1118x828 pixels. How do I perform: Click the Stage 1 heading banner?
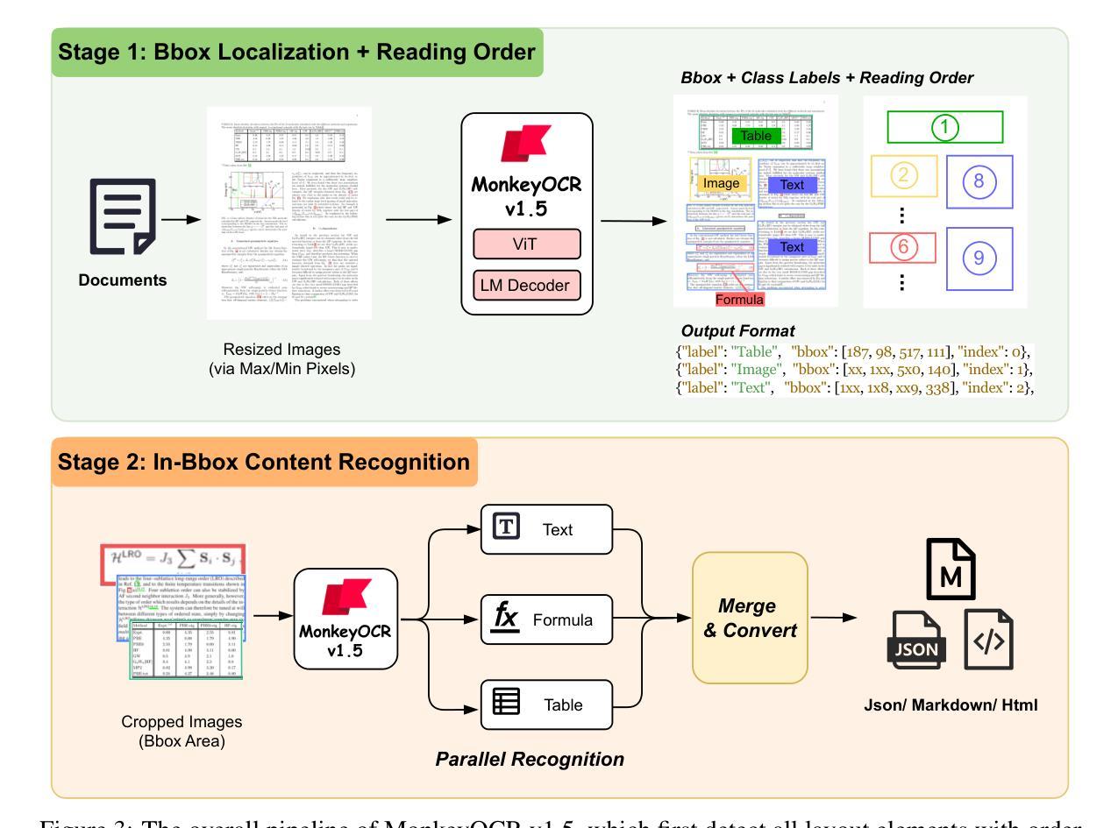(x=297, y=52)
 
